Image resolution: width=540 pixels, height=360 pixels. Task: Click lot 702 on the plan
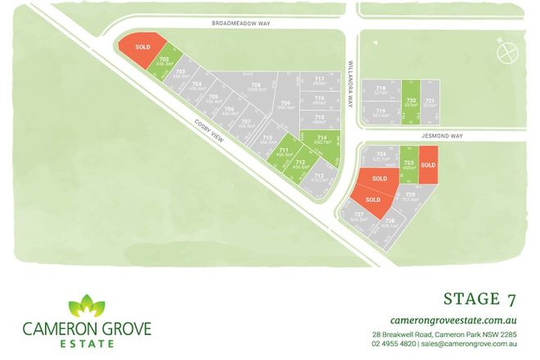(164, 62)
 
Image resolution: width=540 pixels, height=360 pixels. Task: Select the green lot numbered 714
(322, 140)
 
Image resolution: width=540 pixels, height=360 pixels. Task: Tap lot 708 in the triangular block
(256, 88)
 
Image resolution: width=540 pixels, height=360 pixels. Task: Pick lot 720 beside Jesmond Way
(412, 101)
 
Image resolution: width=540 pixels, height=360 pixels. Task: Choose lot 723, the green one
(408, 166)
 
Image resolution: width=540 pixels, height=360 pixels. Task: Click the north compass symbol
(507, 52)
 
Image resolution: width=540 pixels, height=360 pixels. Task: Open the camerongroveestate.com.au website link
(457, 320)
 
